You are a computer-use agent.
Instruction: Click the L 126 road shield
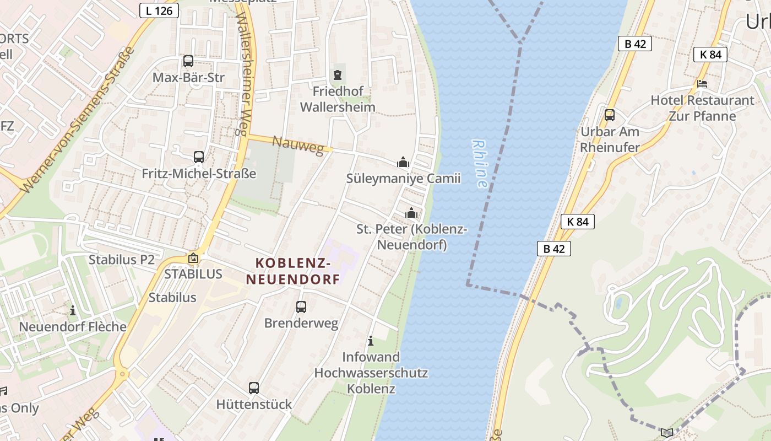(x=159, y=10)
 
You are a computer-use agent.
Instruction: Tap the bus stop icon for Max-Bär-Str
(x=188, y=61)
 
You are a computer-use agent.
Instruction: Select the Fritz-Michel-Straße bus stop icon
(x=199, y=157)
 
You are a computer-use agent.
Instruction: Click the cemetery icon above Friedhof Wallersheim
(x=338, y=74)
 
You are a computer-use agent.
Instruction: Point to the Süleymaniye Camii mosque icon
(x=403, y=163)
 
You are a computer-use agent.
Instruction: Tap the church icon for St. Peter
(x=411, y=213)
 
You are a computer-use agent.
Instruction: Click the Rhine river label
(x=480, y=163)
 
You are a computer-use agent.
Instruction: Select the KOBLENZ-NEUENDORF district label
(x=293, y=271)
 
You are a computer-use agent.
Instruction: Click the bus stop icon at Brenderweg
(x=301, y=307)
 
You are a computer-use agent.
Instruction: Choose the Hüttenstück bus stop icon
(x=254, y=388)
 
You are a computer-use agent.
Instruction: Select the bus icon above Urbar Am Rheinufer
(x=610, y=115)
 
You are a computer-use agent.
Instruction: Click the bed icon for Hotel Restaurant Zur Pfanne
(x=702, y=84)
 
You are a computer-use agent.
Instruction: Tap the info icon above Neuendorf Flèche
(x=72, y=311)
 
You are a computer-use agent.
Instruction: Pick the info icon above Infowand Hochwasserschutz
(x=371, y=341)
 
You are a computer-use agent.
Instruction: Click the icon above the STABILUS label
(x=193, y=258)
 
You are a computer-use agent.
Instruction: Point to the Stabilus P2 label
(x=122, y=260)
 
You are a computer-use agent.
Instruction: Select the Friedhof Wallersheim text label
(x=338, y=99)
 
